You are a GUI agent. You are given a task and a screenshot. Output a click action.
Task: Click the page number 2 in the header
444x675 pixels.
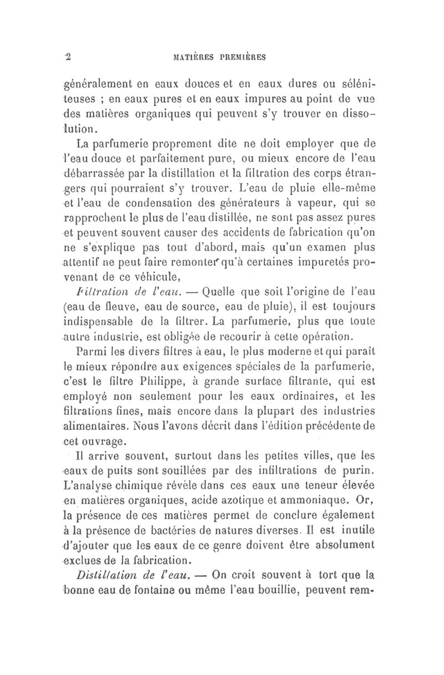69,55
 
